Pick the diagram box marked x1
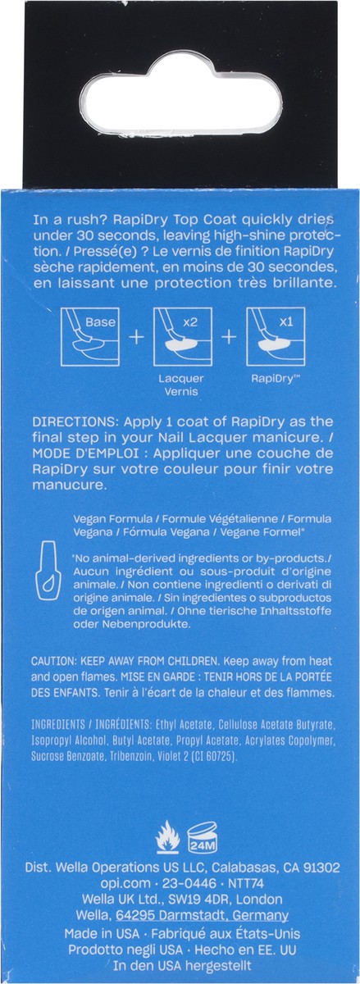[276, 336]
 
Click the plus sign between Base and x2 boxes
[137, 337]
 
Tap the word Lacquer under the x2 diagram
[181, 378]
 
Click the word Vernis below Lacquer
[181, 392]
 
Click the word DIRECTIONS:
[75, 421]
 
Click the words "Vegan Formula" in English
[113, 519]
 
